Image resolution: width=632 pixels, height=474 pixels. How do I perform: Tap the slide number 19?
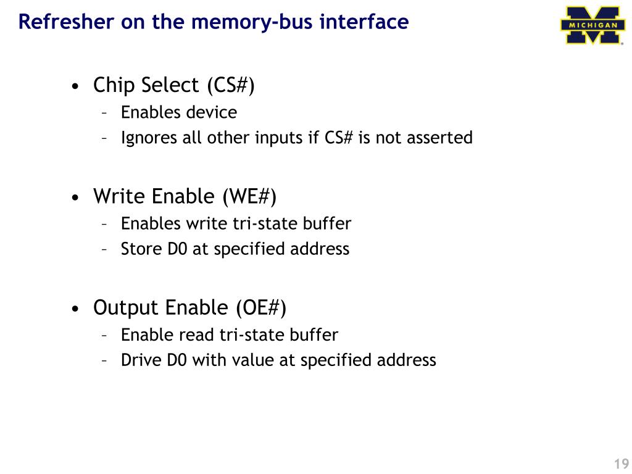[621, 464]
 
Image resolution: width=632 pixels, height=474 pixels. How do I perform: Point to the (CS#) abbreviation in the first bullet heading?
[230, 85]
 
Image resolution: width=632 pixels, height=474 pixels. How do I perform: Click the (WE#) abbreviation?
[249, 197]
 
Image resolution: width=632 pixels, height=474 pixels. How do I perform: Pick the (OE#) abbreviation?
[261, 307]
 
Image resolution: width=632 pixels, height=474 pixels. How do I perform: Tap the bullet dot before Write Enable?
[75, 198]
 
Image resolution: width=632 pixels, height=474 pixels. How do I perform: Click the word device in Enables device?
[214, 112]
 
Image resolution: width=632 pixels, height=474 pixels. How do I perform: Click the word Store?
[139, 249]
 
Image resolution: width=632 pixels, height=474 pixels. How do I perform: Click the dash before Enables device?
[105, 113]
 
